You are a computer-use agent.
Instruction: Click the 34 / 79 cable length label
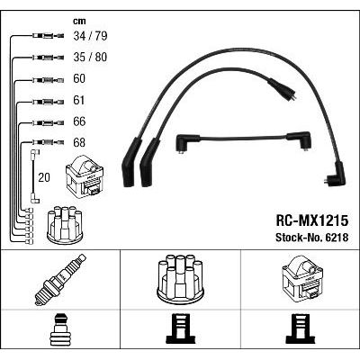coord(90,36)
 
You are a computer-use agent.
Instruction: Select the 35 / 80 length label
coord(90,57)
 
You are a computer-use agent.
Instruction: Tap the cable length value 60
coord(79,78)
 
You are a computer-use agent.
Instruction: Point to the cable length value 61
coord(79,100)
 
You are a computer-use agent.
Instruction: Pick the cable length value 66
coord(79,121)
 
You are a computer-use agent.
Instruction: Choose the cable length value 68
coord(79,142)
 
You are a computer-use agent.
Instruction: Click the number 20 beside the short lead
coord(44,177)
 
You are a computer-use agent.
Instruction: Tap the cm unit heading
coord(79,21)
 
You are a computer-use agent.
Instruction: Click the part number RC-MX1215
coord(312,220)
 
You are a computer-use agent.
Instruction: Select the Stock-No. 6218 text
coord(312,238)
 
